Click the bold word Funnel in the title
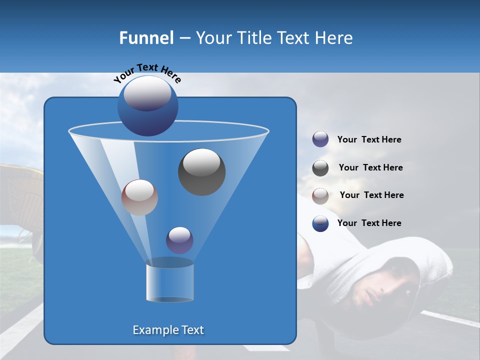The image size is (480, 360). [x=146, y=38]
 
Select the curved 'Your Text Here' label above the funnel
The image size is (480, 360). [x=147, y=73]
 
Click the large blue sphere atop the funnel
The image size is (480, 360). [x=147, y=106]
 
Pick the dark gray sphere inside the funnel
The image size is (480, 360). [x=201, y=172]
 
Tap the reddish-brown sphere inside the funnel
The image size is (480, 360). [x=139, y=197]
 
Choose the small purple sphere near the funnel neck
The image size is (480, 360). [x=179, y=240]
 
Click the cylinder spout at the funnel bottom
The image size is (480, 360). [x=169, y=281]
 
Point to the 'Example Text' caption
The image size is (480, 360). [x=168, y=330]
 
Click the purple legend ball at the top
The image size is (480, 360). [x=320, y=139]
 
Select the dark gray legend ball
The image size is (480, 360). [x=320, y=168]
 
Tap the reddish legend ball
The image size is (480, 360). [x=320, y=196]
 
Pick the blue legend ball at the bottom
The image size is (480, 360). [x=320, y=223]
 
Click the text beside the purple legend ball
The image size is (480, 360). [x=369, y=140]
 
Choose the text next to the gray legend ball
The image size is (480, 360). [x=370, y=168]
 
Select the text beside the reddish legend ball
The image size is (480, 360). [x=371, y=195]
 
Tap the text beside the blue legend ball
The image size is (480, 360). [x=369, y=223]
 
